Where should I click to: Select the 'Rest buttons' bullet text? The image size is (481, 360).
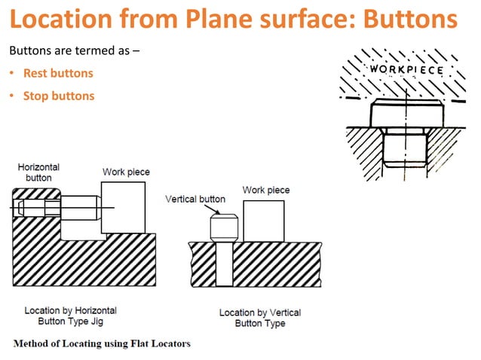(58, 74)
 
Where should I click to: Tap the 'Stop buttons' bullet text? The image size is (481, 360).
(58, 96)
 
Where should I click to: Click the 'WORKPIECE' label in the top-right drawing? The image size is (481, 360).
(406, 70)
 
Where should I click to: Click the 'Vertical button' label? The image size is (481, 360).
(195, 200)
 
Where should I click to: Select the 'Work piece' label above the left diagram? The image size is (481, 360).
(126, 172)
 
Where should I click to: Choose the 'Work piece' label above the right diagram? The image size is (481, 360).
(265, 190)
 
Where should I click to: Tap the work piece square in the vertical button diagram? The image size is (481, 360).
(263, 221)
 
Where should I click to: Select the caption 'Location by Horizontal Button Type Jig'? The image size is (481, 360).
(70, 316)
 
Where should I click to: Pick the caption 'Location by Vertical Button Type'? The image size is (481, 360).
(259, 318)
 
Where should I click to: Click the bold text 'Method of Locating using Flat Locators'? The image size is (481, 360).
(101, 344)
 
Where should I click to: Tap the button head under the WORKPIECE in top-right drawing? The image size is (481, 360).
(406, 115)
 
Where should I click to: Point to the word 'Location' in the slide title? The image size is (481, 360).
(59, 20)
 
